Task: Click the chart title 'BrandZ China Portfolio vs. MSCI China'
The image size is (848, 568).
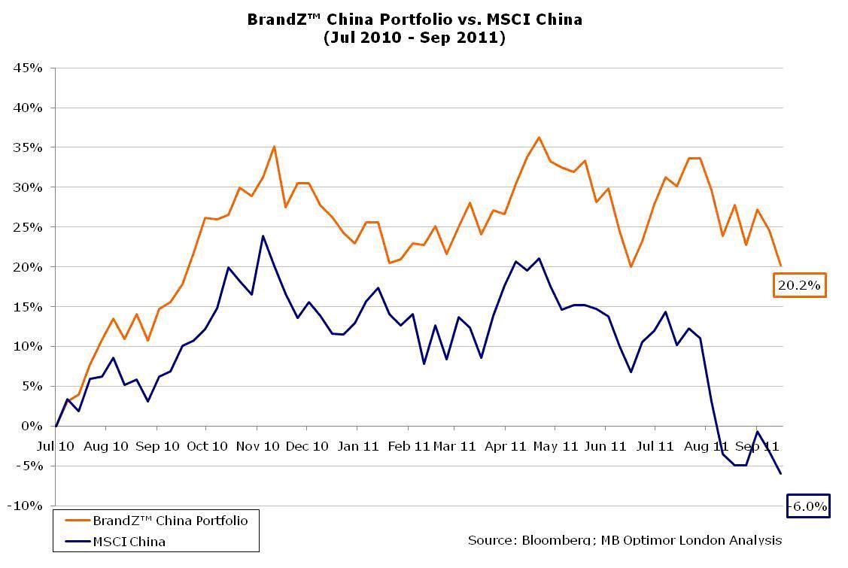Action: (x=415, y=20)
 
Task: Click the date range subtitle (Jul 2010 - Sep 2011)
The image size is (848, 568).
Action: (x=415, y=38)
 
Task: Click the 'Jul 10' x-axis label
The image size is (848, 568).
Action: (x=56, y=446)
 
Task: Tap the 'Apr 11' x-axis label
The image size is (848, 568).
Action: (x=505, y=446)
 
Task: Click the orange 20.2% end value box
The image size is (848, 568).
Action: (x=800, y=285)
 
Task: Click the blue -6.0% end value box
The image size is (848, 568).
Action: (x=808, y=506)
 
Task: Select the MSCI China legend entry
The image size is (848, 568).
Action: (x=129, y=541)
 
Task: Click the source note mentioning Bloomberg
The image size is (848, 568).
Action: (x=625, y=540)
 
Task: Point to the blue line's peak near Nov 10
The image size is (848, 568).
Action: (x=263, y=236)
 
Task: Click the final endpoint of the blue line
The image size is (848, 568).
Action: (x=781, y=473)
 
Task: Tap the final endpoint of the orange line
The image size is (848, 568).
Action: (x=781, y=266)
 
